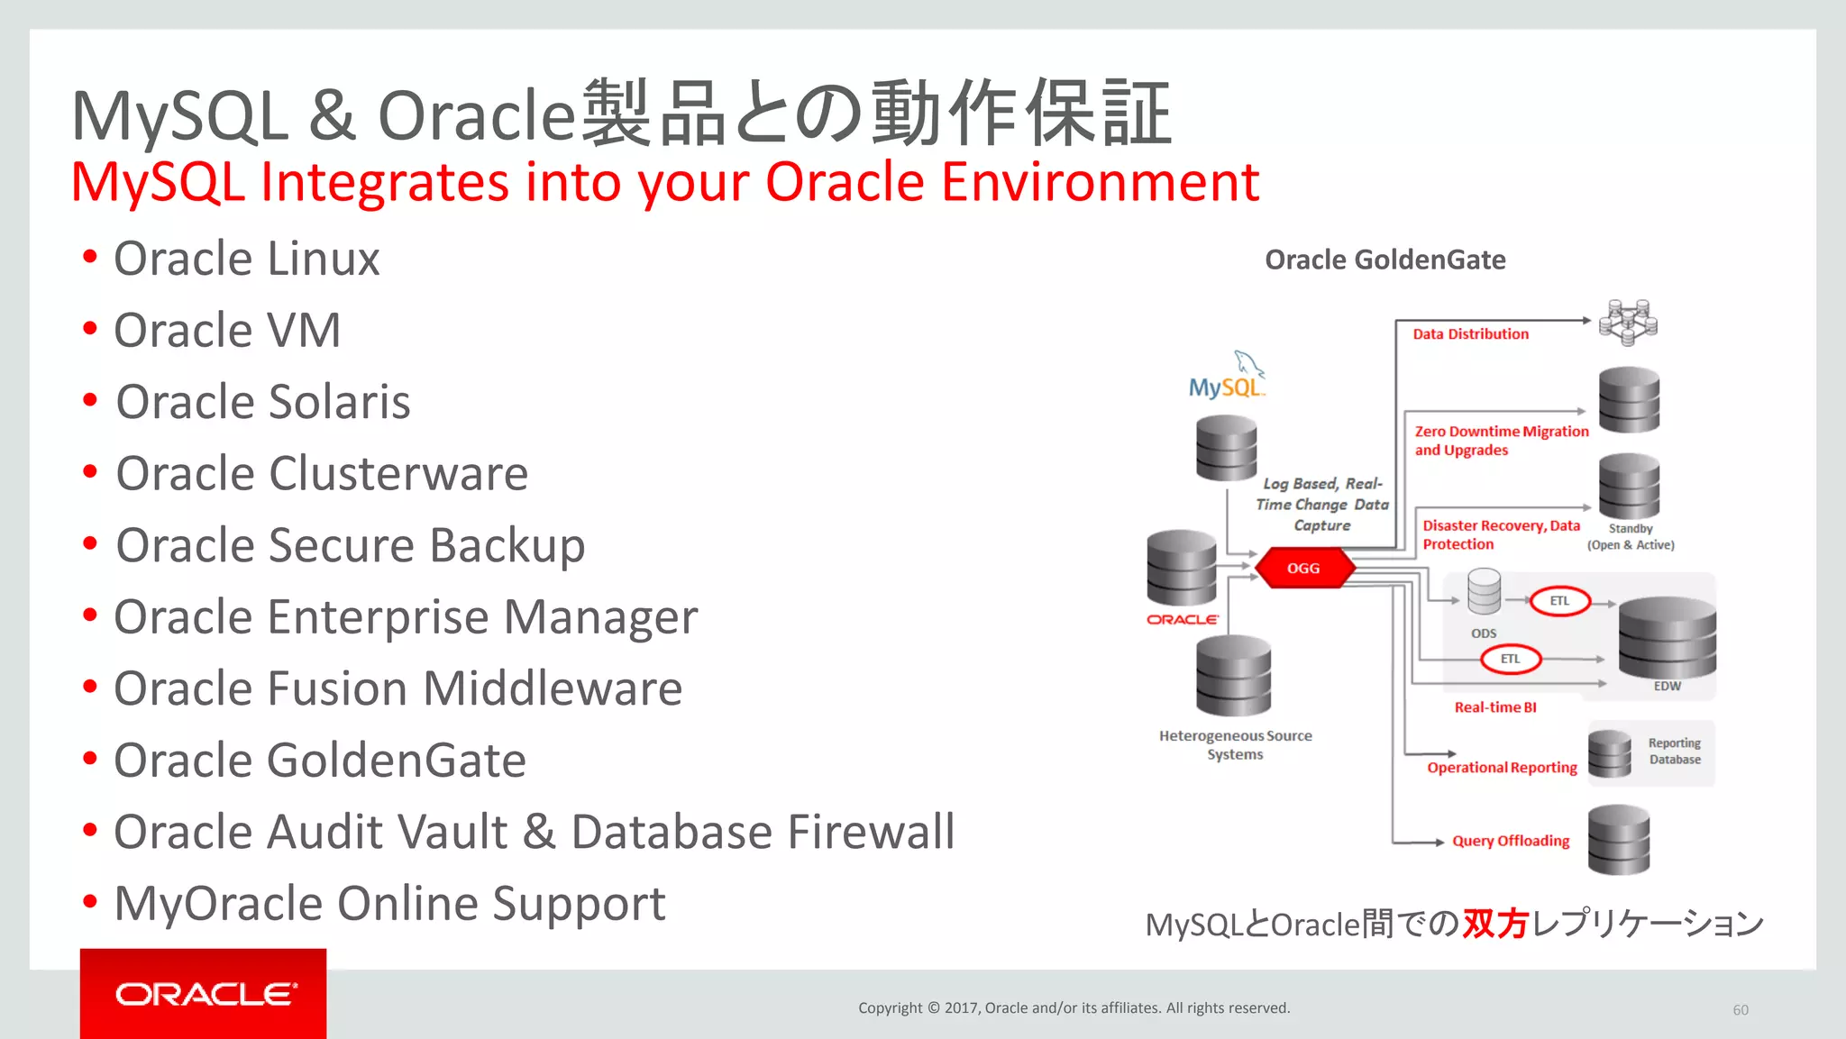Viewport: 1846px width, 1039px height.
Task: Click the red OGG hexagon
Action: [x=1303, y=568]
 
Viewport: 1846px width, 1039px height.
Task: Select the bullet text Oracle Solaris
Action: [x=262, y=402]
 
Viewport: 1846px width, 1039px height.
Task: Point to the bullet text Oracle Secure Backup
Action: [x=350, y=546]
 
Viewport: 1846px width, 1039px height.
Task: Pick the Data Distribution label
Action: [x=1470, y=334]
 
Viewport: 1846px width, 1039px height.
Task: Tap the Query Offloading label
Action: [x=1510, y=841]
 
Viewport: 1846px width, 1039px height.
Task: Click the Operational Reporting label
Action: [x=1502, y=768]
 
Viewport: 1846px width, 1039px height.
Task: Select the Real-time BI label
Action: [x=1494, y=707]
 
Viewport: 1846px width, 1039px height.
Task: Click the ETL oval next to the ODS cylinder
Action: [x=1559, y=601]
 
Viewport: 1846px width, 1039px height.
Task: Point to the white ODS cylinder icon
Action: [x=1484, y=592]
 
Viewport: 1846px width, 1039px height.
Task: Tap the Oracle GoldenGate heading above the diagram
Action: [x=1384, y=260]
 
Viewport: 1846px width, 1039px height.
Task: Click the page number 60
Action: [x=1740, y=1010]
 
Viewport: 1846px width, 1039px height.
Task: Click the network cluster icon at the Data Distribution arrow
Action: [x=1628, y=322]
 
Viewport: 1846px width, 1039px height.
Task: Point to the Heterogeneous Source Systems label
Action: [x=1235, y=745]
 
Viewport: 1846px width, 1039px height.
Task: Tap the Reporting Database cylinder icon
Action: [x=1610, y=754]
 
